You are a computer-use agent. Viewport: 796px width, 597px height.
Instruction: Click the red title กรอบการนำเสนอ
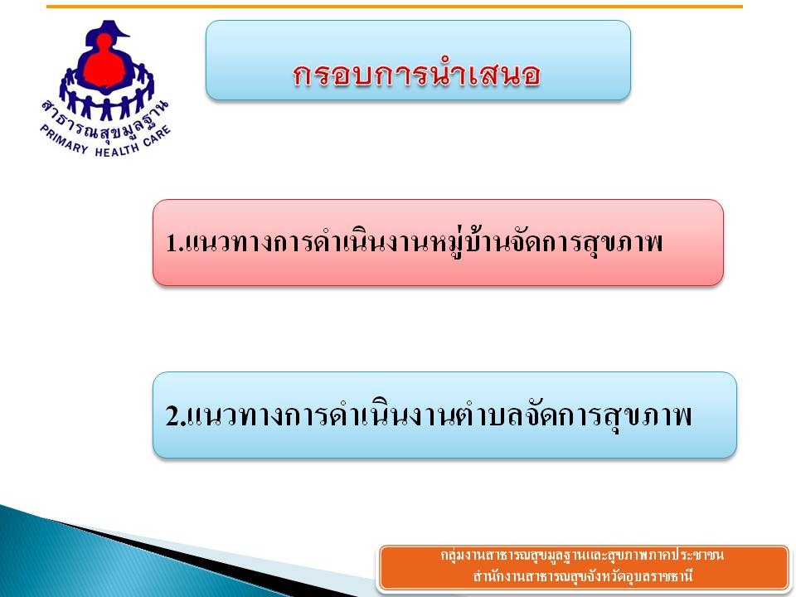coord(416,75)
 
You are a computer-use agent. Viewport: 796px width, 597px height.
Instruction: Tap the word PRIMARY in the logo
coord(64,139)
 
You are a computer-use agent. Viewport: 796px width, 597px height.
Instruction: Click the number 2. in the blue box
coord(175,415)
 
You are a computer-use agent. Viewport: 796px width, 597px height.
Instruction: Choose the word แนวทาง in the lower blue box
coord(235,415)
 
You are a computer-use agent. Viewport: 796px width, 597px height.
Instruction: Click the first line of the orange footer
coord(582,555)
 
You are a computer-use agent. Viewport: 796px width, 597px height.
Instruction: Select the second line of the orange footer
coord(582,576)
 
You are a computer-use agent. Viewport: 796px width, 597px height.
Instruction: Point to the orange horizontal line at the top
coord(395,7)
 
